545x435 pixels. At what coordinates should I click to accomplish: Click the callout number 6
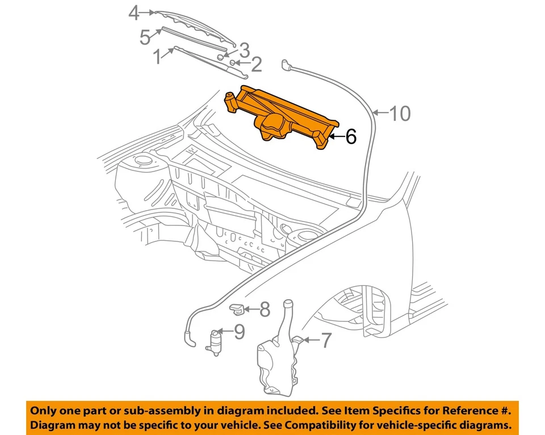[350, 136]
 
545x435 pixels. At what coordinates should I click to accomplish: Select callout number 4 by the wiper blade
[133, 12]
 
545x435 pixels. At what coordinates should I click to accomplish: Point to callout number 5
[145, 37]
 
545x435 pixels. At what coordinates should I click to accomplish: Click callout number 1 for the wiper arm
[157, 56]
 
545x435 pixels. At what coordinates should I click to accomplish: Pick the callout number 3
[244, 49]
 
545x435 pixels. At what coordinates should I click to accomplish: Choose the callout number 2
[256, 65]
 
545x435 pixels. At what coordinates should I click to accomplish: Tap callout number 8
[265, 309]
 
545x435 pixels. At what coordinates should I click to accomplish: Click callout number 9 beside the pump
[239, 331]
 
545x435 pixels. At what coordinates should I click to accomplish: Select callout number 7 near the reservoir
[326, 341]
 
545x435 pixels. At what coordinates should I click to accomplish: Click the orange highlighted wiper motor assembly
[284, 116]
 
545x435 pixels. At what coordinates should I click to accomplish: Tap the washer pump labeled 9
[216, 342]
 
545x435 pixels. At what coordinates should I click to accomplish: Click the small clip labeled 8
[237, 309]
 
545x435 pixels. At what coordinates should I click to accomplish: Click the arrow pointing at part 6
[336, 136]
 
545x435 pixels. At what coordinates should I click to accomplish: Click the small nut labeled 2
[233, 62]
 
